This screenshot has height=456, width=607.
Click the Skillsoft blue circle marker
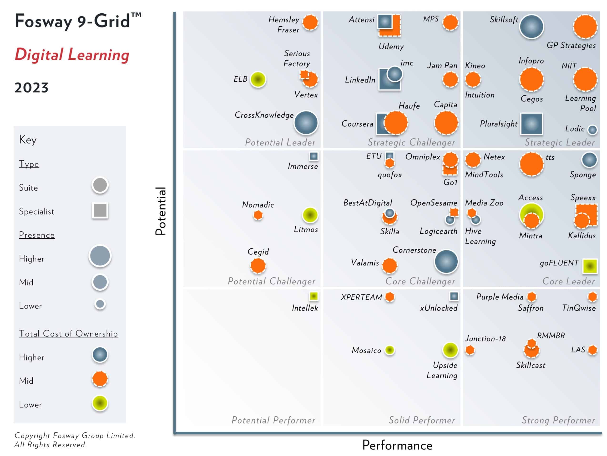click(531, 27)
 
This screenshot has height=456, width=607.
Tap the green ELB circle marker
click(258, 79)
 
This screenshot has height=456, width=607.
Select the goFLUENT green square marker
click(590, 266)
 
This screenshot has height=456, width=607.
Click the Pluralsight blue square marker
click(531, 124)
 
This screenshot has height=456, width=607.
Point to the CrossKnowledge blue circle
click(306, 123)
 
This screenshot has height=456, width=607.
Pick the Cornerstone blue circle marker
click(446, 261)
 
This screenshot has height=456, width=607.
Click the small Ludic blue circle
click(592, 130)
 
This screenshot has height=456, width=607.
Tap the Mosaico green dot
click(389, 350)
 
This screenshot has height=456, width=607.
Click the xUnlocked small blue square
click(454, 296)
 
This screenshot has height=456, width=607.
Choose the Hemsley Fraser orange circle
click(310, 22)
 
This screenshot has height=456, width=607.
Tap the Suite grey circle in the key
click(100, 185)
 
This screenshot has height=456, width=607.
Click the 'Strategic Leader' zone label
click(560, 142)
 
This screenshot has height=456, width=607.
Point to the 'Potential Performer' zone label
click(273, 420)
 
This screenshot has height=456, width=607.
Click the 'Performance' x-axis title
click(397, 445)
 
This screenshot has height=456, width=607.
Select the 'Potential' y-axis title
click(161, 211)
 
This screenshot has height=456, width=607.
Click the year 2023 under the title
click(31, 88)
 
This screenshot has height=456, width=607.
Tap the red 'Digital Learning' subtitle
click(72, 54)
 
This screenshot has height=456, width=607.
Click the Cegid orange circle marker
click(258, 266)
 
